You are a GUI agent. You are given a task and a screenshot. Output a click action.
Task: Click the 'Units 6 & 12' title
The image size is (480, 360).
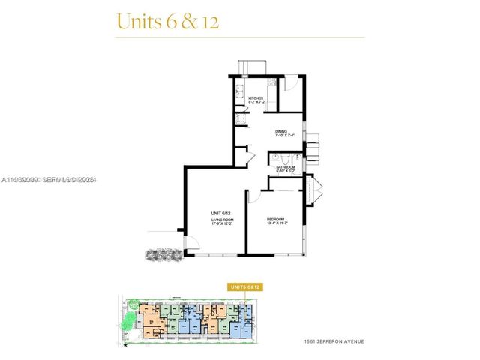coord(166,21)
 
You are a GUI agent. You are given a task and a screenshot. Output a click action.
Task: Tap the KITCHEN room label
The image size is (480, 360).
coord(256,98)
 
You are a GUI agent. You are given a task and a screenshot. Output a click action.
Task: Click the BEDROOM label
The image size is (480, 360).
coord(277,218)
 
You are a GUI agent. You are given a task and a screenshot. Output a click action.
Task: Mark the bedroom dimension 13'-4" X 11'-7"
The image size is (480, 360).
coord(277,223)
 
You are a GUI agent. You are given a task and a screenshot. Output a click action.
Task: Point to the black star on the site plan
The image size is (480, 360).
coord(126,346)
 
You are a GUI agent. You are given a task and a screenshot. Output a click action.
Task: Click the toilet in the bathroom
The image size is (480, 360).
coord(278,159)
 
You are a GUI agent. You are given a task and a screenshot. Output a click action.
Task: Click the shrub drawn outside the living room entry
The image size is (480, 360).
coord(163,255)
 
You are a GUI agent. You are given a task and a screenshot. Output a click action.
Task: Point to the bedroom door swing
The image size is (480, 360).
coord(255,197)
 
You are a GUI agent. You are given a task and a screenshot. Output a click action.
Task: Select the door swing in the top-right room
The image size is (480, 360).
coord(293,83)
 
